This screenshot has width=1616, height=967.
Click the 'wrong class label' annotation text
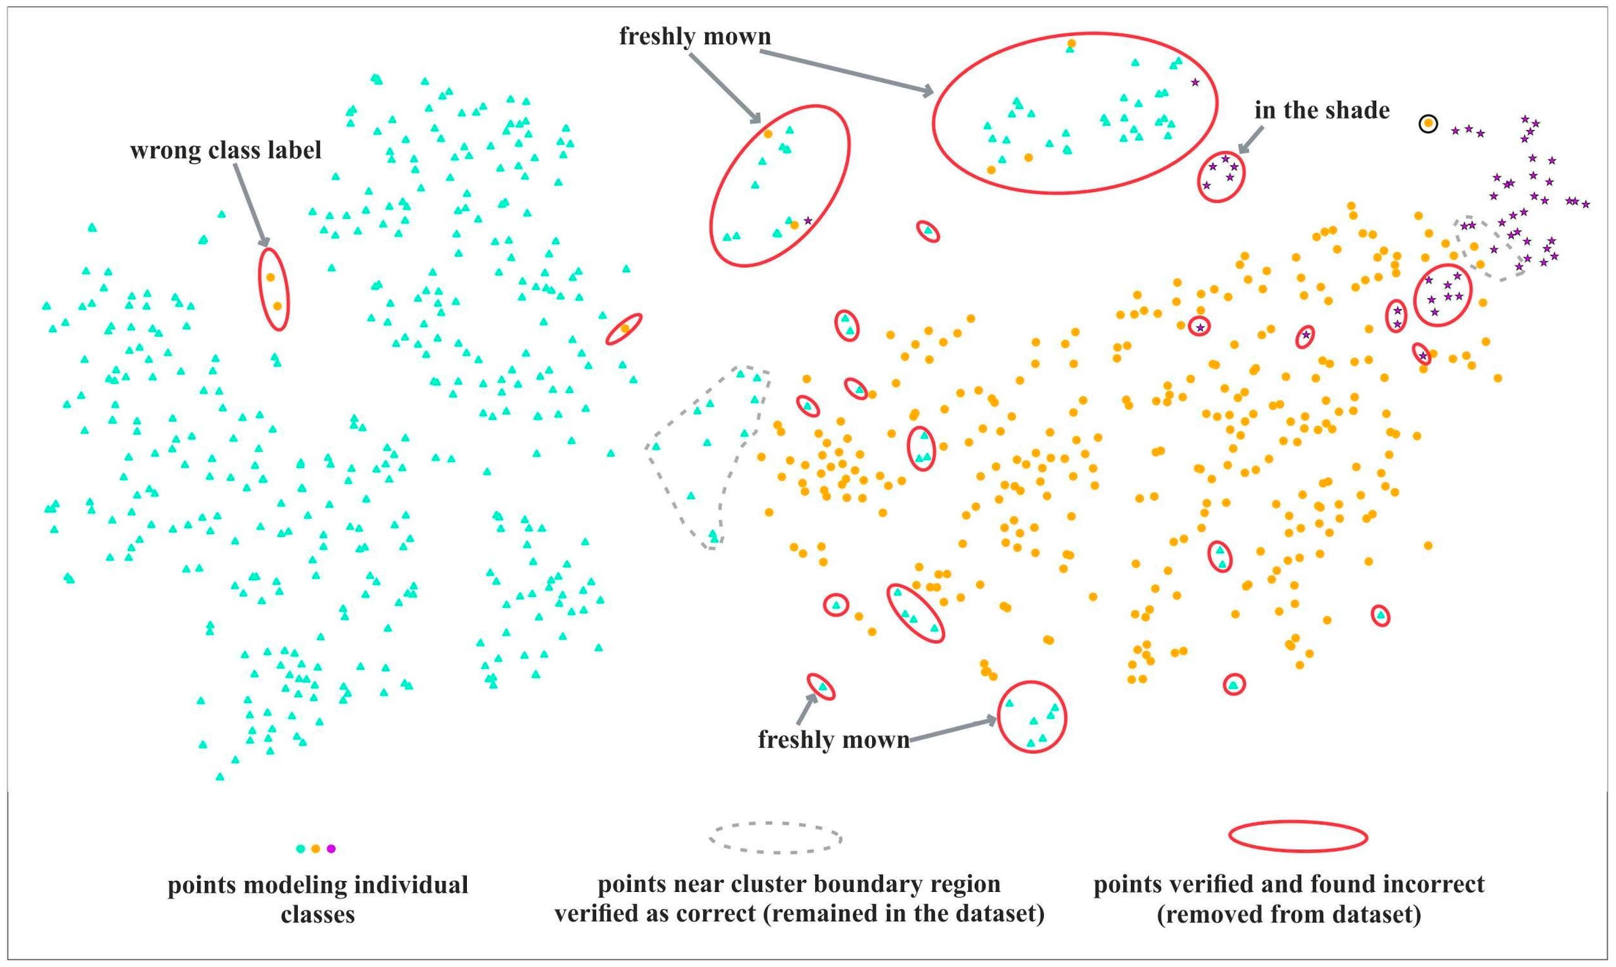click(x=225, y=151)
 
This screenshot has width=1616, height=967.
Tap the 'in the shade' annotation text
click(x=1321, y=111)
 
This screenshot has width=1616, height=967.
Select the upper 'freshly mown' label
click(x=695, y=36)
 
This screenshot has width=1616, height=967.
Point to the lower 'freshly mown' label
click(x=834, y=739)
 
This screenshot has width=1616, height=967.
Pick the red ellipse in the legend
click(x=1298, y=836)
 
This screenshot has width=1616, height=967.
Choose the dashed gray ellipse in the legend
click(x=775, y=837)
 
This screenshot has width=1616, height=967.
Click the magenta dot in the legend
click(x=331, y=848)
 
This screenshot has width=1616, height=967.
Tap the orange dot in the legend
click(x=316, y=848)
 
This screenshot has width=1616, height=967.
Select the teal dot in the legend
click(x=301, y=848)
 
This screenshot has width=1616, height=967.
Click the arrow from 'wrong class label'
click(x=251, y=205)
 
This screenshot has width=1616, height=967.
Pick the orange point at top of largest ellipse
click(x=1071, y=44)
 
